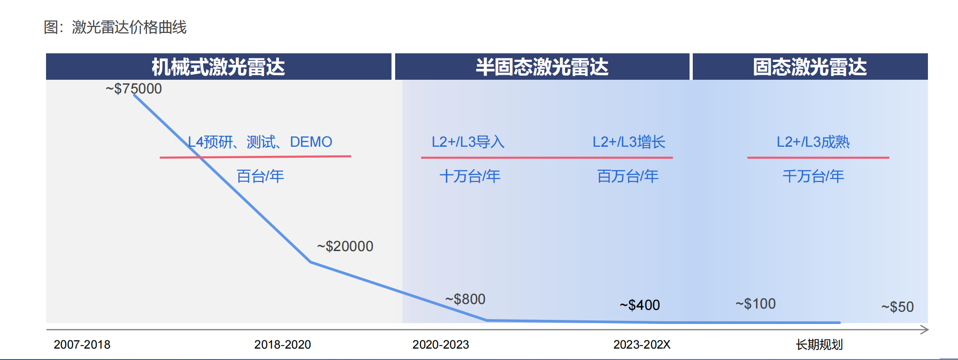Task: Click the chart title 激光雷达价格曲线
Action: [115, 27]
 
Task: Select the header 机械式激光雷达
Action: [218, 67]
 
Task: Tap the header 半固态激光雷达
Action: [542, 67]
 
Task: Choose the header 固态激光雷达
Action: [810, 67]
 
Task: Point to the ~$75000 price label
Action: [134, 88]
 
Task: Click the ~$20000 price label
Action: [345, 246]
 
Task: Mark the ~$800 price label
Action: [465, 299]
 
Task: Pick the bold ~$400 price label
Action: [639, 305]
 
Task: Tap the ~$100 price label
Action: [755, 303]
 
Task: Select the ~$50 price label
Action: [897, 307]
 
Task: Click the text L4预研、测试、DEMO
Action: [260, 142]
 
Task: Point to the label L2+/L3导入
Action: [468, 142]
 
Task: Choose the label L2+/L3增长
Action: [628, 142]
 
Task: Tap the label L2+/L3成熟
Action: [813, 142]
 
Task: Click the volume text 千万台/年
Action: [813, 176]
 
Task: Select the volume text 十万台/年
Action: [469, 176]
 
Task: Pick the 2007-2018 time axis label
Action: [82, 345]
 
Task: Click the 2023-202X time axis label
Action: [642, 345]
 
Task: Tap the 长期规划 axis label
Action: [819, 345]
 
